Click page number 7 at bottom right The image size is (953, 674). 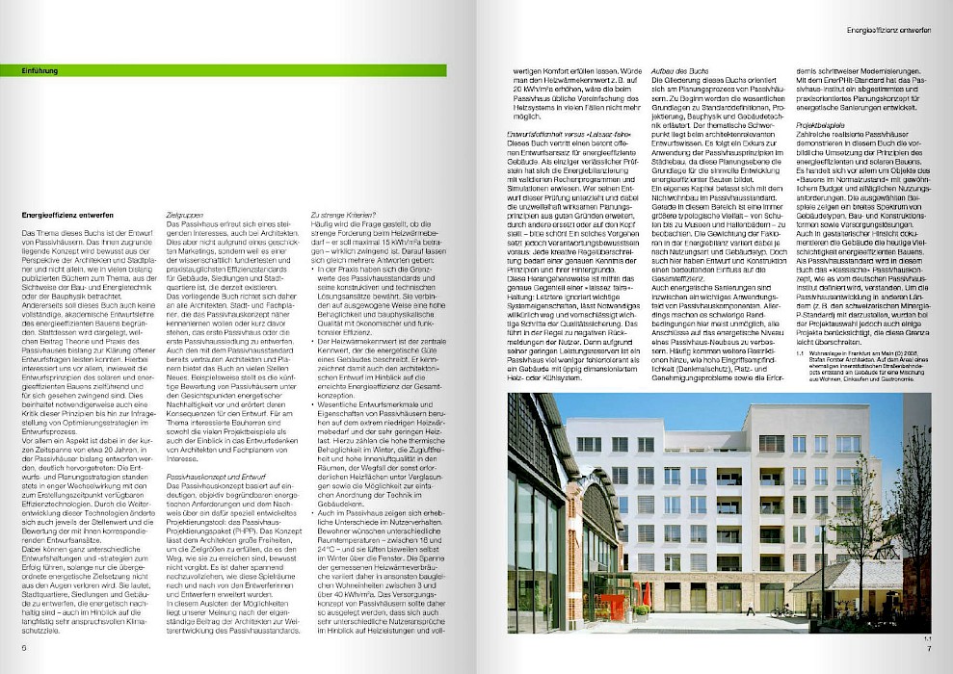tap(929, 647)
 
